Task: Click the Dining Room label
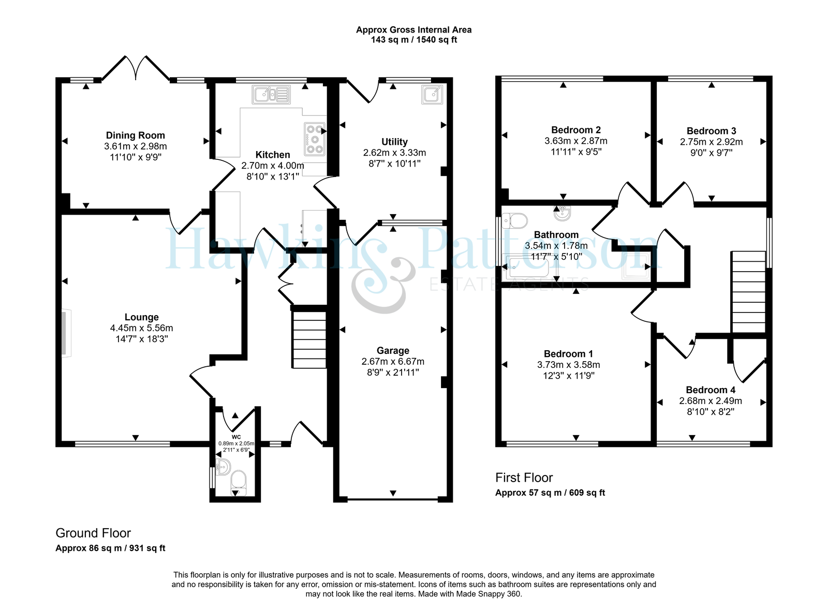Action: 135,135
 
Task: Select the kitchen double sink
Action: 271,95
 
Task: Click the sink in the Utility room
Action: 432,94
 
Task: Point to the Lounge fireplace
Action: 66,333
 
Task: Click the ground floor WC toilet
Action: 239,484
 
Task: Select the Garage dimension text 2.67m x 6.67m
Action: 393,361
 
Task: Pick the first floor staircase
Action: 748,292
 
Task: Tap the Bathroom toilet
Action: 514,221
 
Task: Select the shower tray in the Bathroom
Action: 635,266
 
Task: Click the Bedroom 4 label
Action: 711,390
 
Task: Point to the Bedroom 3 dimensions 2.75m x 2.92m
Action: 711,142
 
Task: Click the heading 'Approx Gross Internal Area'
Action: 413,30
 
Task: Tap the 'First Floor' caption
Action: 524,478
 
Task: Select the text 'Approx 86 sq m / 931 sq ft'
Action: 111,548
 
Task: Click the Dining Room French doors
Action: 136,68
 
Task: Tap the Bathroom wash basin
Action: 564,213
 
